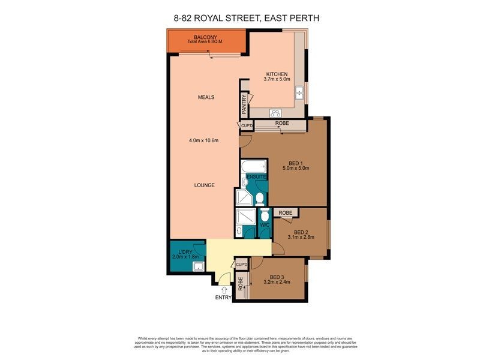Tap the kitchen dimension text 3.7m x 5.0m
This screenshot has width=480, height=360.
278,79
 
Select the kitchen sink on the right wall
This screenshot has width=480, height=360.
299,92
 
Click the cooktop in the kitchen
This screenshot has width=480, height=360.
277,112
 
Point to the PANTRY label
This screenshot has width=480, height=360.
244,105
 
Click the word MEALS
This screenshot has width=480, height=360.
206,97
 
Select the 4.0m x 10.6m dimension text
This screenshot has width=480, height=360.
203,141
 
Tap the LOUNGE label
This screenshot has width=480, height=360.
204,185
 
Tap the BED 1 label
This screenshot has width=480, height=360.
295,162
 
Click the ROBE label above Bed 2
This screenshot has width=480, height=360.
286,213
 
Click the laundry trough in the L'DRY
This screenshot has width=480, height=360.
197,267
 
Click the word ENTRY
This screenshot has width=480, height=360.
223,298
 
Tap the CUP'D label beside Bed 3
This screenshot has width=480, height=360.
242,265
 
